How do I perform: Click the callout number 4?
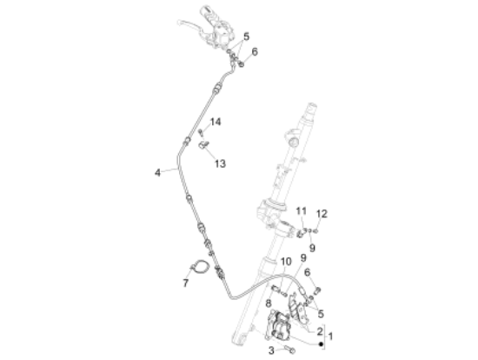[157, 173]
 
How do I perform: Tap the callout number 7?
[186, 283]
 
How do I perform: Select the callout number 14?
[216, 122]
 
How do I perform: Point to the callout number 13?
[220, 163]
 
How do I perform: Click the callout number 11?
[302, 210]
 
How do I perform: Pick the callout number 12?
[322, 214]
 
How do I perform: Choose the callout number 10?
[286, 262]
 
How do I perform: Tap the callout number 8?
[269, 303]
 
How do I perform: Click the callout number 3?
[271, 350]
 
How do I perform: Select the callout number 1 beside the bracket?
[330, 337]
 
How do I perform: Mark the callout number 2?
[320, 331]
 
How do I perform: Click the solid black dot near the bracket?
[321, 344]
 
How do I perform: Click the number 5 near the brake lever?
[246, 37]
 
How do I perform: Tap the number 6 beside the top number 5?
[255, 52]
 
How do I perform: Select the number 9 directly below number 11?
[312, 248]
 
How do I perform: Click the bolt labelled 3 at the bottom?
[289, 349]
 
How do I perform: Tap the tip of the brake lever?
[179, 22]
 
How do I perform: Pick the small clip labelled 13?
[203, 144]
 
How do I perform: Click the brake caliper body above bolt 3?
[278, 325]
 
